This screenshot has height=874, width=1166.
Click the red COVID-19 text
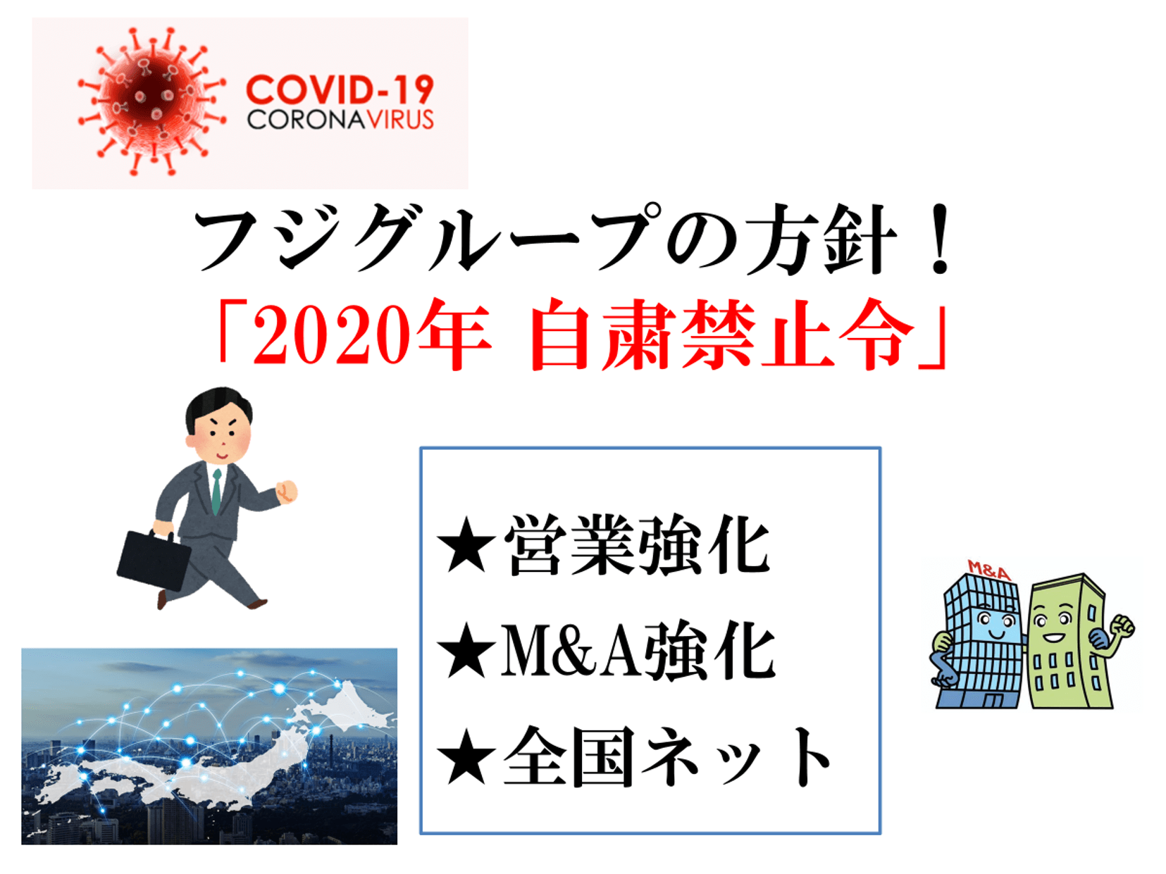pyautogui.click(x=340, y=89)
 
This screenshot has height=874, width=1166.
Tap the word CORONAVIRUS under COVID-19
pyautogui.click(x=340, y=120)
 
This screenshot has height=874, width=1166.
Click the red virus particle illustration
pyautogui.click(x=151, y=101)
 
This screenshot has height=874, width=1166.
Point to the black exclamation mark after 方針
pyautogui.click(x=940, y=239)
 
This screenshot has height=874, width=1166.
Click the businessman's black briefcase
pyautogui.click(x=154, y=559)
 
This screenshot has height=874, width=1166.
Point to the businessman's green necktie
pyautogui.click(x=216, y=492)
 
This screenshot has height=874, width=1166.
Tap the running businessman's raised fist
pyautogui.click(x=287, y=491)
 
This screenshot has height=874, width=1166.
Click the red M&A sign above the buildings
pyautogui.click(x=989, y=570)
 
